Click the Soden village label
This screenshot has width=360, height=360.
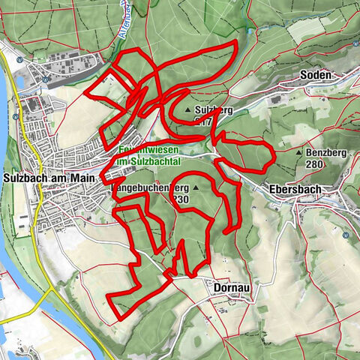coord(316,75)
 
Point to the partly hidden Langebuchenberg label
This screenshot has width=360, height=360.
coord(150,187)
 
